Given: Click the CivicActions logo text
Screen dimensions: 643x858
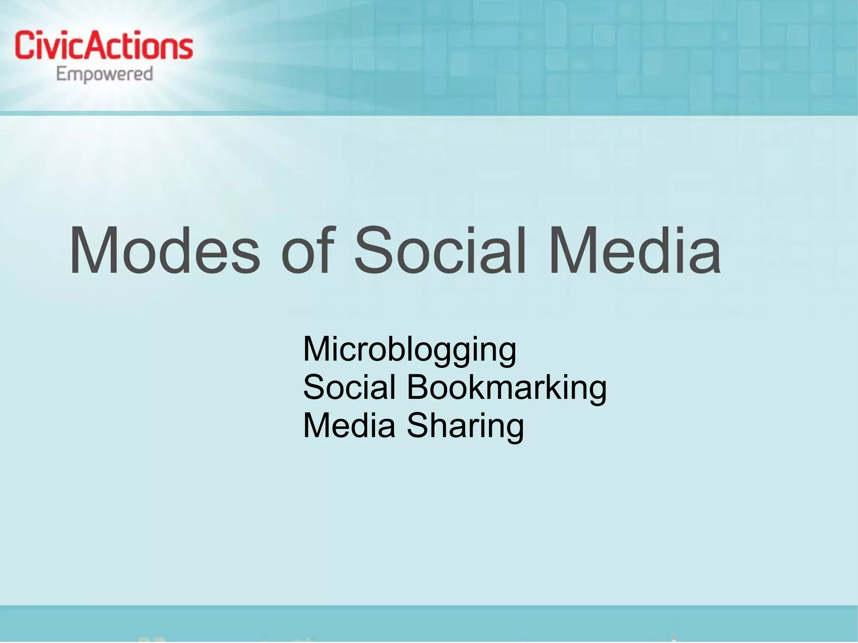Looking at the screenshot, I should [x=104, y=46].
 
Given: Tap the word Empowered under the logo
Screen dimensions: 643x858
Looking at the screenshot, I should [x=105, y=75].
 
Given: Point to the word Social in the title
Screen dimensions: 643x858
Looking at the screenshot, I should [x=440, y=251].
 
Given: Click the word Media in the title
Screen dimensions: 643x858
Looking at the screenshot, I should [x=635, y=251].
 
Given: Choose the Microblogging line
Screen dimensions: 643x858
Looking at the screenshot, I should [x=409, y=350].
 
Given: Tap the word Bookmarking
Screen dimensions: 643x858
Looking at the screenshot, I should [x=507, y=387].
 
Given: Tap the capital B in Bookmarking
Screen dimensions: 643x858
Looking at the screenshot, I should [x=417, y=387].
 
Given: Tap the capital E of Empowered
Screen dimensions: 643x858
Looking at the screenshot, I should [x=62, y=75].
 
